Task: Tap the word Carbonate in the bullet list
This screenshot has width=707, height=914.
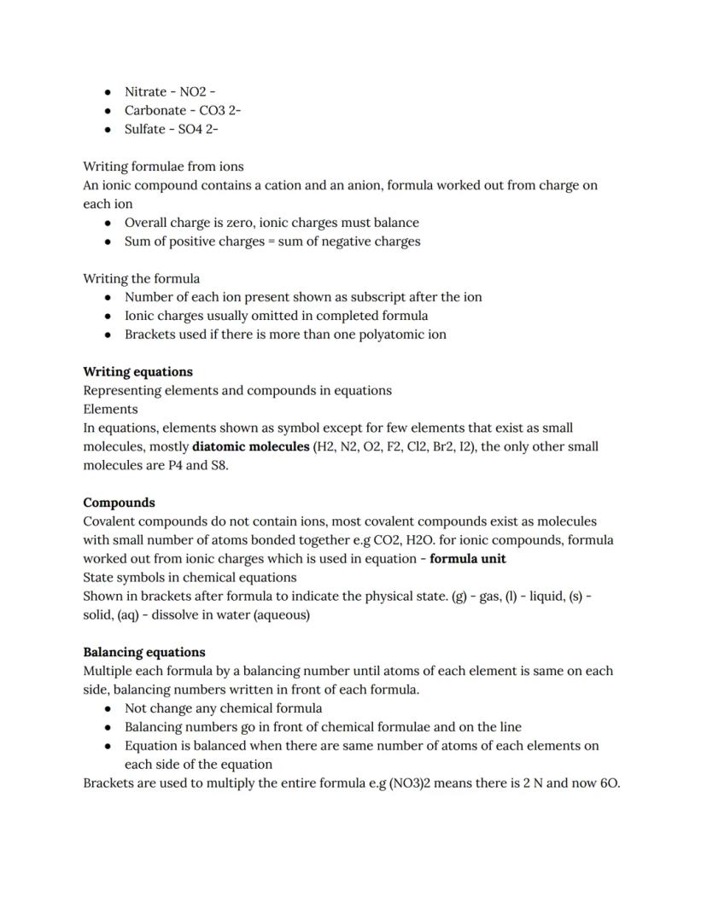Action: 155,110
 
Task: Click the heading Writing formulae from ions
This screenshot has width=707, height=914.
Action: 163,166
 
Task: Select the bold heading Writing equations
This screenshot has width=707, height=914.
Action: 137,372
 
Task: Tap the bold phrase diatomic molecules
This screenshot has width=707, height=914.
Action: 251,446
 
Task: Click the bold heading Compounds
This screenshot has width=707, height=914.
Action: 119,503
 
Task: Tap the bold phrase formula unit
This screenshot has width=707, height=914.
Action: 467,559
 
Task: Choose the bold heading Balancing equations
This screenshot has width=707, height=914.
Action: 143,652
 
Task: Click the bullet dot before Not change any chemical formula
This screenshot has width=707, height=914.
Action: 108,708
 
